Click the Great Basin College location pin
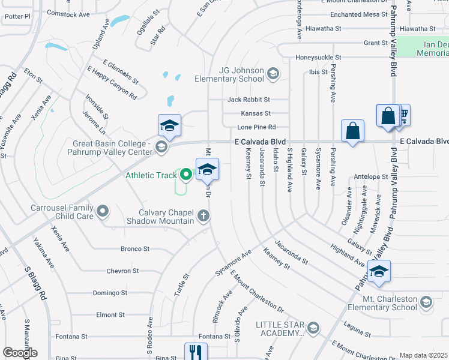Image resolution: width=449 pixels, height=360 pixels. [161, 146]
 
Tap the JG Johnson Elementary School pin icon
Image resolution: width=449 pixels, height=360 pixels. [273, 74]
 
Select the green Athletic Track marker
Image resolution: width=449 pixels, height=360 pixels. [186, 175]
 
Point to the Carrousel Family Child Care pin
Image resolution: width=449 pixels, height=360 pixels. [103, 211]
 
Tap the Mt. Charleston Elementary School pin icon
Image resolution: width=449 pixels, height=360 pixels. [426, 301]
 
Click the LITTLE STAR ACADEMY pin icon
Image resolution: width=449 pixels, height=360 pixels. [313, 328]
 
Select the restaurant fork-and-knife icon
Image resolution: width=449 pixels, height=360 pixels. [196, 353]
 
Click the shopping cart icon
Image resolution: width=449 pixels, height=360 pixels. [403, 114]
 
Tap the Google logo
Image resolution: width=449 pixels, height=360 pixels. [20, 353]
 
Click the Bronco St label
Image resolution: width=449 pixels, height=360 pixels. [135, 248]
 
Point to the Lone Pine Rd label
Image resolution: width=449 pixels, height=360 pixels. [256, 127]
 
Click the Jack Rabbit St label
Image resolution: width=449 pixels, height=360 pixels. [249, 99]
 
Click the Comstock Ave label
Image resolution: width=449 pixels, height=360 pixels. [68, 13]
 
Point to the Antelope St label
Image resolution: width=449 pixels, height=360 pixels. [371, 176]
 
